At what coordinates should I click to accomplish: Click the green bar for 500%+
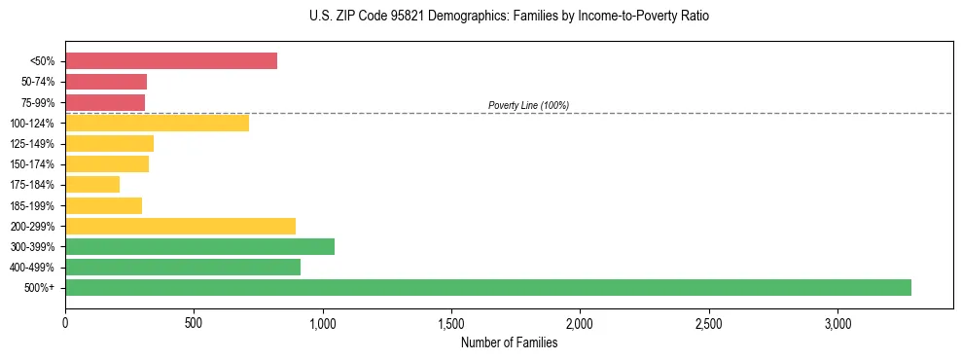488,287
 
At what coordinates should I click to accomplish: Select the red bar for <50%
171,61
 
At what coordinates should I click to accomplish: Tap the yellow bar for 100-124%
157,123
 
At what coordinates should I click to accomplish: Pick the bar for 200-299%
180,226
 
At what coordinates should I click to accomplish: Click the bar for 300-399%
199,246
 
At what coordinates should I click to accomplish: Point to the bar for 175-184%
92,184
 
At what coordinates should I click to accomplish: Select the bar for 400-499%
183,267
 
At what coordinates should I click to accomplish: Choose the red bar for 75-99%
105,102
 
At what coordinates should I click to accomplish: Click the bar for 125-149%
109,143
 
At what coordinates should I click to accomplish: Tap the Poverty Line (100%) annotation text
528,105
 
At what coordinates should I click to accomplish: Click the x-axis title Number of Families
509,342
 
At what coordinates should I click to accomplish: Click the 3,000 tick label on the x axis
837,323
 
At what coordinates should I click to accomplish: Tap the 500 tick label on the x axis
194,323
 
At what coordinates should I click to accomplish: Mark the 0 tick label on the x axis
65,323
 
